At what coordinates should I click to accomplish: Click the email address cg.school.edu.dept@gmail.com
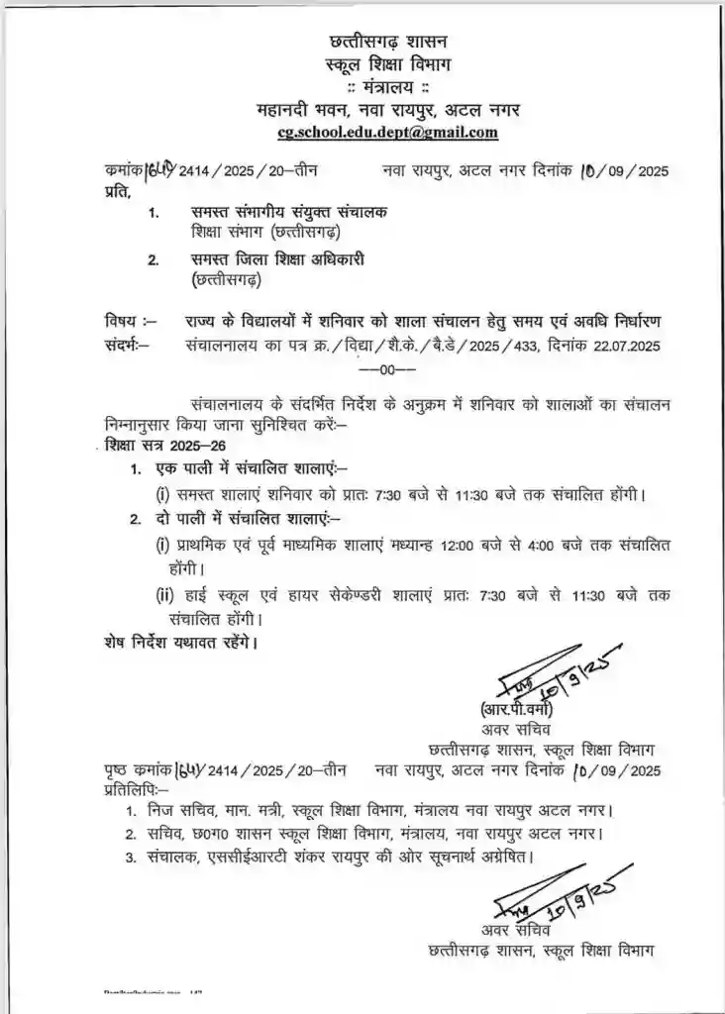pyautogui.click(x=388, y=133)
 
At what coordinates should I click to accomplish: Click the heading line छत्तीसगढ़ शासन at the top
pyautogui.click(x=388, y=43)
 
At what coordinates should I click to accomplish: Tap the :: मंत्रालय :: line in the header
pyautogui.click(x=388, y=87)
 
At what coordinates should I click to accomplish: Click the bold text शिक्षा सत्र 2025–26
pyautogui.click(x=156, y=446)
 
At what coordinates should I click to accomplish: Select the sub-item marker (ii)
pyautogui.click(x=165, y=596)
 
